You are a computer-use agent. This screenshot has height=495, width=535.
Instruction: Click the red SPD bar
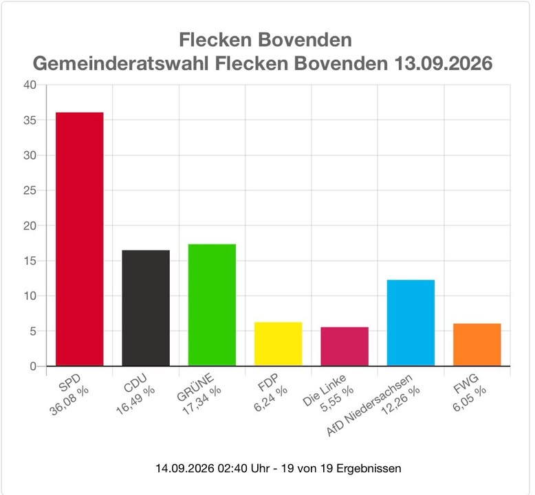[x=80, y=239]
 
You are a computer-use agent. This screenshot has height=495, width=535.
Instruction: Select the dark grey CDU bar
[x=146, y=308]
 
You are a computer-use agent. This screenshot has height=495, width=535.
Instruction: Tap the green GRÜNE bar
[x=212, y=305]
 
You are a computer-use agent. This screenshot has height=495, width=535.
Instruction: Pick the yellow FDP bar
[x=278, y=344]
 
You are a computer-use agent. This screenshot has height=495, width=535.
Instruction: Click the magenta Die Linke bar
[x=345, y=346]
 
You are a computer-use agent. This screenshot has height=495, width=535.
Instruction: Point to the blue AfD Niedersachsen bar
[x=411, y=322]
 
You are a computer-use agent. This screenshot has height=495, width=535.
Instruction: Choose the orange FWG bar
[x=477, y=344]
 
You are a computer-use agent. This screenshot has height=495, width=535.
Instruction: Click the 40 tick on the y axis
[x=30, y=85]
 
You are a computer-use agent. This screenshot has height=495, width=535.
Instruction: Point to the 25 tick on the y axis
[x=30, y=190]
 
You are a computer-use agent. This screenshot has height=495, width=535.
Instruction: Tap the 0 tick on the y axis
[x=33, y=366]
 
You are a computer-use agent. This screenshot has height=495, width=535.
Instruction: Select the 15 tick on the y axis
[x=30, y=261]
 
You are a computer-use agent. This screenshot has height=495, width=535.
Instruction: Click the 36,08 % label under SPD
[x=69, y=401]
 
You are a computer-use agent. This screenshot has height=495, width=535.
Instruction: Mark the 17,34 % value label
[x=202, y=401]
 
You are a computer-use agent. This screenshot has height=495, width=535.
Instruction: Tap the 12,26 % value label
[x=401, y=401]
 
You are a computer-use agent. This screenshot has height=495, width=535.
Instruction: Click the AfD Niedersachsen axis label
[x=369, y=405]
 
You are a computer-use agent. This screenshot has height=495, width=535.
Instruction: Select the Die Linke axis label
[x=324, y=390]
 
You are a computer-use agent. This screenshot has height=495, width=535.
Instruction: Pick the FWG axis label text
[x=466, y=384]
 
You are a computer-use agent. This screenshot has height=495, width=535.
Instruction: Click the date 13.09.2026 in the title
[x=444, y=63]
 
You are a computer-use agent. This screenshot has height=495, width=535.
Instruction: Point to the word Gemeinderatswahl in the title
[x=121, y=63]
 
